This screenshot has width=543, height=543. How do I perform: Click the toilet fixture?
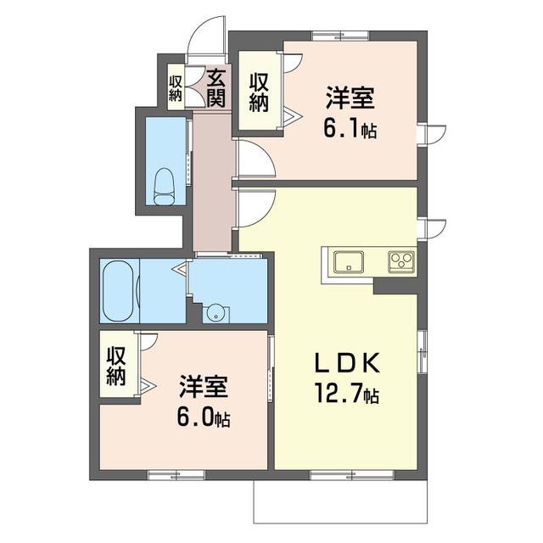tap(164, 187)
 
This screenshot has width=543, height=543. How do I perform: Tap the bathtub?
tap(119, 291)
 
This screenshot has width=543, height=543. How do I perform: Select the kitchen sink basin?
tap(349, 262)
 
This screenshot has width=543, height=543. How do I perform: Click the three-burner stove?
tap(401, 262)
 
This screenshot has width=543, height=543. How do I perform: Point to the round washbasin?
tap(216, 313)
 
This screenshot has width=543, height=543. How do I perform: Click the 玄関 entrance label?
tap(216, 88)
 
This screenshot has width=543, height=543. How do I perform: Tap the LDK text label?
tap(347, 362)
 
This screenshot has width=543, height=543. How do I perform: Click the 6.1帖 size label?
tap(350, 128)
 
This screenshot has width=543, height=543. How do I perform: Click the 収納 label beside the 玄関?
tap(176, 88)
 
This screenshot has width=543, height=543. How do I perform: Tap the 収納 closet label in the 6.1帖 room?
tap(259, 93)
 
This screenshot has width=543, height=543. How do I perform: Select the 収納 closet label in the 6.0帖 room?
tap(116, 367)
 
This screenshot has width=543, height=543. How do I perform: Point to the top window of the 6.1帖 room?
tap(339, 36)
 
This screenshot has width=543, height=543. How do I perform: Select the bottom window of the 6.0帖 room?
tap(176, 475)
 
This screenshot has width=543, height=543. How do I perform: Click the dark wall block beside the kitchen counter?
tap(396, 287)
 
